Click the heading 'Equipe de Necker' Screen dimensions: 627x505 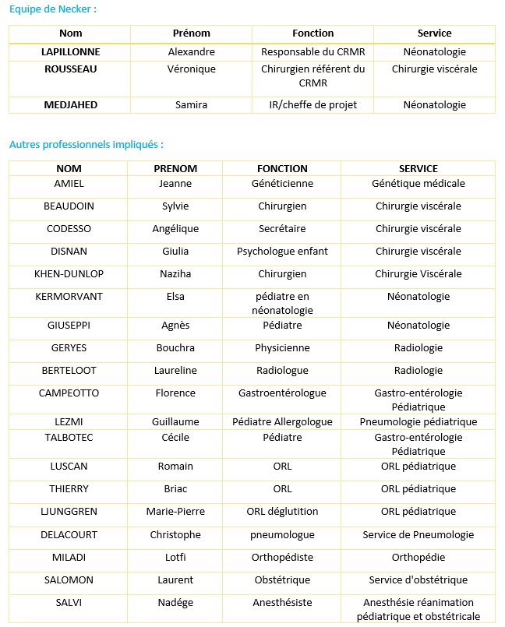[53, 9]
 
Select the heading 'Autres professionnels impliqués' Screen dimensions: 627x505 [86, 145]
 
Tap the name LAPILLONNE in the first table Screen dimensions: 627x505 [70, 52]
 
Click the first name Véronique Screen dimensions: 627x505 [191, 69]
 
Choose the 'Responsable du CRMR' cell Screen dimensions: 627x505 [313, 52]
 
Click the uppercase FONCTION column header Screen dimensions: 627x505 [282, 168]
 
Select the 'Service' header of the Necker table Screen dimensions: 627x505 [434, 33]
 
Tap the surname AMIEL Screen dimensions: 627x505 [69, 184]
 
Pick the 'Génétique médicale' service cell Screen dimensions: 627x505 [418, 184]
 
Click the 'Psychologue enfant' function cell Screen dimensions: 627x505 [282, 252]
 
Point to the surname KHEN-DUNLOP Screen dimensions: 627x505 [69, 274]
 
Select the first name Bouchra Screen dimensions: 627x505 [175, 348]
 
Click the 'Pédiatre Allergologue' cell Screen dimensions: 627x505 [282, 422]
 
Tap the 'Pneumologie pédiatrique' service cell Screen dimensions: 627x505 [418, 422]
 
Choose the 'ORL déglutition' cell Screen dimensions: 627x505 [282, 512]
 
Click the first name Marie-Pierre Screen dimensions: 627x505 [175, 512]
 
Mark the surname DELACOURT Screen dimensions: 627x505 [69, 535]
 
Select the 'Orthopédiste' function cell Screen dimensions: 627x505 [282, 558]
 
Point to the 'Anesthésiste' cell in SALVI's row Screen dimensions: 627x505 [282, 603]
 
